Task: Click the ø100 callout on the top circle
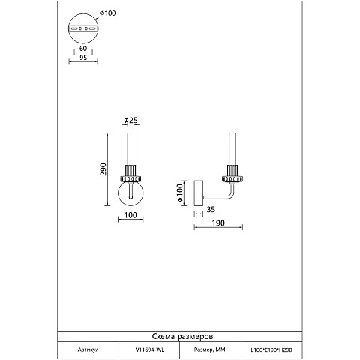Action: click(108, 13)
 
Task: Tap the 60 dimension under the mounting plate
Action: click(83, 48)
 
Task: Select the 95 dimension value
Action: click(83, 58)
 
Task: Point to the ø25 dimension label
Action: click(131, 120)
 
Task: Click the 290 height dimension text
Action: click(103, 169)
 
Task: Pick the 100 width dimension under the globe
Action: click(130, 215)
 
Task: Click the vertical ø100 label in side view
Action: click(179, 193)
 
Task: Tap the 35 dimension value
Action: click(211, 209)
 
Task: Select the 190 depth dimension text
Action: click(218, 223)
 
